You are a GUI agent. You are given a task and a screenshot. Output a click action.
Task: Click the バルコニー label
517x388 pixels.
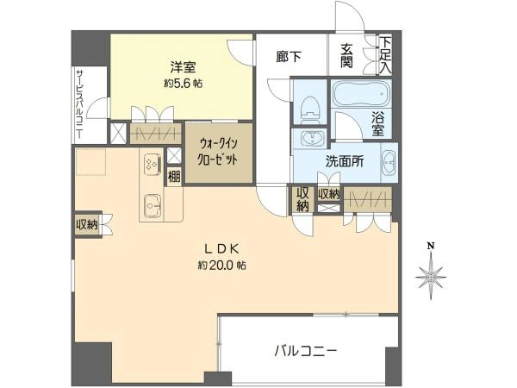306,351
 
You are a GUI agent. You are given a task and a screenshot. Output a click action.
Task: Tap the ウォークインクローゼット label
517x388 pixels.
218,153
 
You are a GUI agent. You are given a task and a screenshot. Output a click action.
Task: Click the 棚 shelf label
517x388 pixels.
174,178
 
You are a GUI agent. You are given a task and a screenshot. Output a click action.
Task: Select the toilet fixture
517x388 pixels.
308,107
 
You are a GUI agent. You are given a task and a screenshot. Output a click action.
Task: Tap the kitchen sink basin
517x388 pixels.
153,205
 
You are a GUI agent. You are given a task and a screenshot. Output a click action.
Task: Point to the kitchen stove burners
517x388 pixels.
153,163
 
